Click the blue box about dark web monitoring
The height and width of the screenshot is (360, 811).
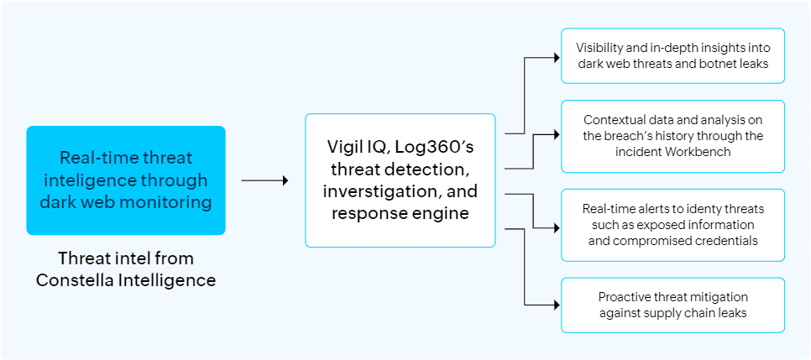pos(126,180)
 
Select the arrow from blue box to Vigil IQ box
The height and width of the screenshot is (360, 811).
pos(264,180)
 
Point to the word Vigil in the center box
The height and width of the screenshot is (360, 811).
pos(346,147)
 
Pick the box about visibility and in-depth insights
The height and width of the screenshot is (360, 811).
pos(672,55)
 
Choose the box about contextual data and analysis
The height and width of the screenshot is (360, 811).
pos(672,136)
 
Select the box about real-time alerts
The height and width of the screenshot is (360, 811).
pos(672,225)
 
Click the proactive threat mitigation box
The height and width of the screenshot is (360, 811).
pos(672,305)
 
